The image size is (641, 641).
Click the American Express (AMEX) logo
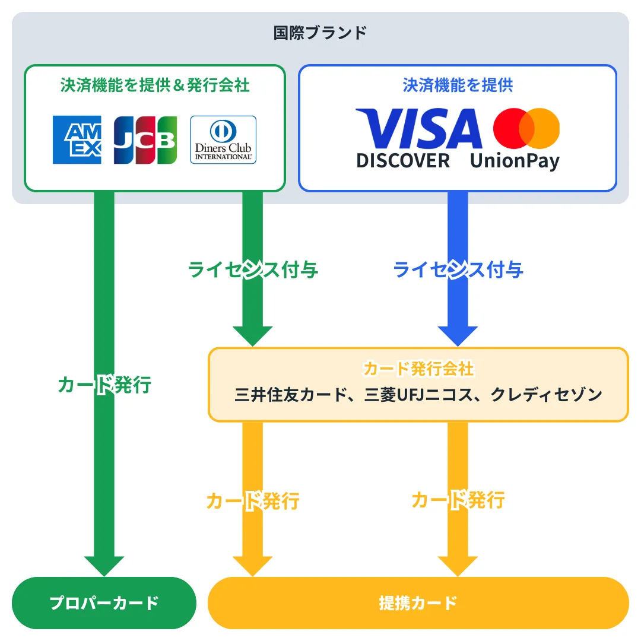(77, 139)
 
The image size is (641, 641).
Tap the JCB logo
(145, 139)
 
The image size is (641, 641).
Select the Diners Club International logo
(223, 139)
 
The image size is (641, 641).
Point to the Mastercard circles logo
(526, 128)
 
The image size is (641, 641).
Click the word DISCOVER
(403, 160)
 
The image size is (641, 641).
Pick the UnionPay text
(515, 160)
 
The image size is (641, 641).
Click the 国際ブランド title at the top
(320, 33)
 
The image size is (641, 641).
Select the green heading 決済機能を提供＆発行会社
(155, 85)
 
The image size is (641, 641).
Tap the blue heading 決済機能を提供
(458, 85)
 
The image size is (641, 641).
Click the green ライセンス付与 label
(253, 270)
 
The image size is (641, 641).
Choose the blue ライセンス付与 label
(458, 270)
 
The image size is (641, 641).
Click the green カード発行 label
(104, 385)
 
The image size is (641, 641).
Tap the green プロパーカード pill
(104, 603)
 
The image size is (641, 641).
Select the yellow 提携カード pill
(418, 603)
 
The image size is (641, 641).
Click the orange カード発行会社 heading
(418, 369)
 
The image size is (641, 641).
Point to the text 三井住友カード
(290, 395)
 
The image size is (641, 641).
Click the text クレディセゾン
(546, 395)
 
